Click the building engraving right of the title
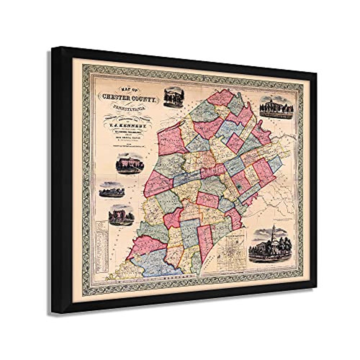173,97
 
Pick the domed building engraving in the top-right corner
276,107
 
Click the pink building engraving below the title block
129,164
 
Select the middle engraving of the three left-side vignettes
112,190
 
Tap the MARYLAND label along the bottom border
177,276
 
